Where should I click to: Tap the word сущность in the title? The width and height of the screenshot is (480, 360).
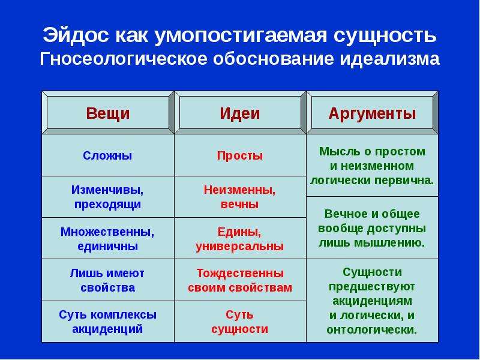coord(385,35)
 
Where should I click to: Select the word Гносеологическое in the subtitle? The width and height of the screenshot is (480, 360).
coord(124,59)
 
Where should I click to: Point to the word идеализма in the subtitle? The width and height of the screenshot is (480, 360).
coord(389,59)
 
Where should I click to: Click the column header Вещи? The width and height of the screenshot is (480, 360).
coord(108,113)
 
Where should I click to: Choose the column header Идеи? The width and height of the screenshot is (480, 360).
coord(239,113)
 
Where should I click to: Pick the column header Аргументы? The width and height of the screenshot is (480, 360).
coord(372,113)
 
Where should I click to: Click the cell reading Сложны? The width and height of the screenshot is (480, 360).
coord(107,155)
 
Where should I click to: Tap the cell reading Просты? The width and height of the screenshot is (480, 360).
coord(239,155)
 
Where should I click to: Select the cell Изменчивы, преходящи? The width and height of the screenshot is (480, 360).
coord(107,197)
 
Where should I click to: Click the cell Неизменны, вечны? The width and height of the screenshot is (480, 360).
coord(239,197)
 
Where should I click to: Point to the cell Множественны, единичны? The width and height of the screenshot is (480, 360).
coord(107,239)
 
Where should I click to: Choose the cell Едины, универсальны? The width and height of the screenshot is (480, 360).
coord(239,239)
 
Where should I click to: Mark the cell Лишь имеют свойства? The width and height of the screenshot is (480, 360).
coord(107,280)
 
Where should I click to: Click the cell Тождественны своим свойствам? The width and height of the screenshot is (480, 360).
coord(239,280)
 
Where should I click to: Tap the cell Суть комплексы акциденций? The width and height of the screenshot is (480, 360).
coord(107,322)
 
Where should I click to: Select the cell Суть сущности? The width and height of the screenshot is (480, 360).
coord(239,322)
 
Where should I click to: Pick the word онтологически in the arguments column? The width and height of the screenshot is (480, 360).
coord(372,330)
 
